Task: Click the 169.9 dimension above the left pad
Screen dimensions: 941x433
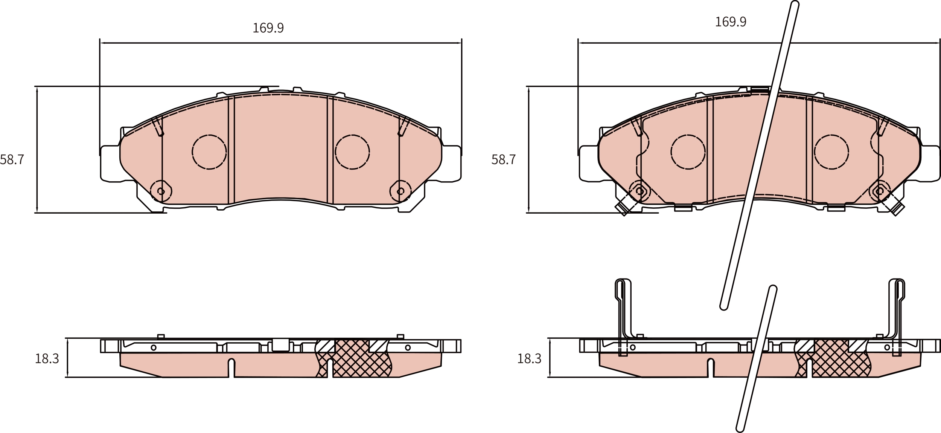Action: click(x=268, y=28)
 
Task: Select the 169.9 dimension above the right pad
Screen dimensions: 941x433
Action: click(x=730, y=22)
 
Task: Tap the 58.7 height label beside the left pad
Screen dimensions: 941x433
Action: click(x=12, y=160)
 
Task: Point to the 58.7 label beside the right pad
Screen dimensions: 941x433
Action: click(x=503, y=160)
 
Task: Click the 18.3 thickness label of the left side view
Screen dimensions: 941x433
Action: click(x=47, y=359)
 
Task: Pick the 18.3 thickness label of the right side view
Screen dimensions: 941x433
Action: click(x=529, y=359)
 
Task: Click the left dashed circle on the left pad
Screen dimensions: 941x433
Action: click(x=209, y=152)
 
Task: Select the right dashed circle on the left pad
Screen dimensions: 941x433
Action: click(x=352, y=152)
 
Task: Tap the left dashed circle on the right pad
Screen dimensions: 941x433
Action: click(x=688, y=152)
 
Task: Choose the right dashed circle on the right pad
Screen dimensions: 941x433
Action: click(x=831, y=152)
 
